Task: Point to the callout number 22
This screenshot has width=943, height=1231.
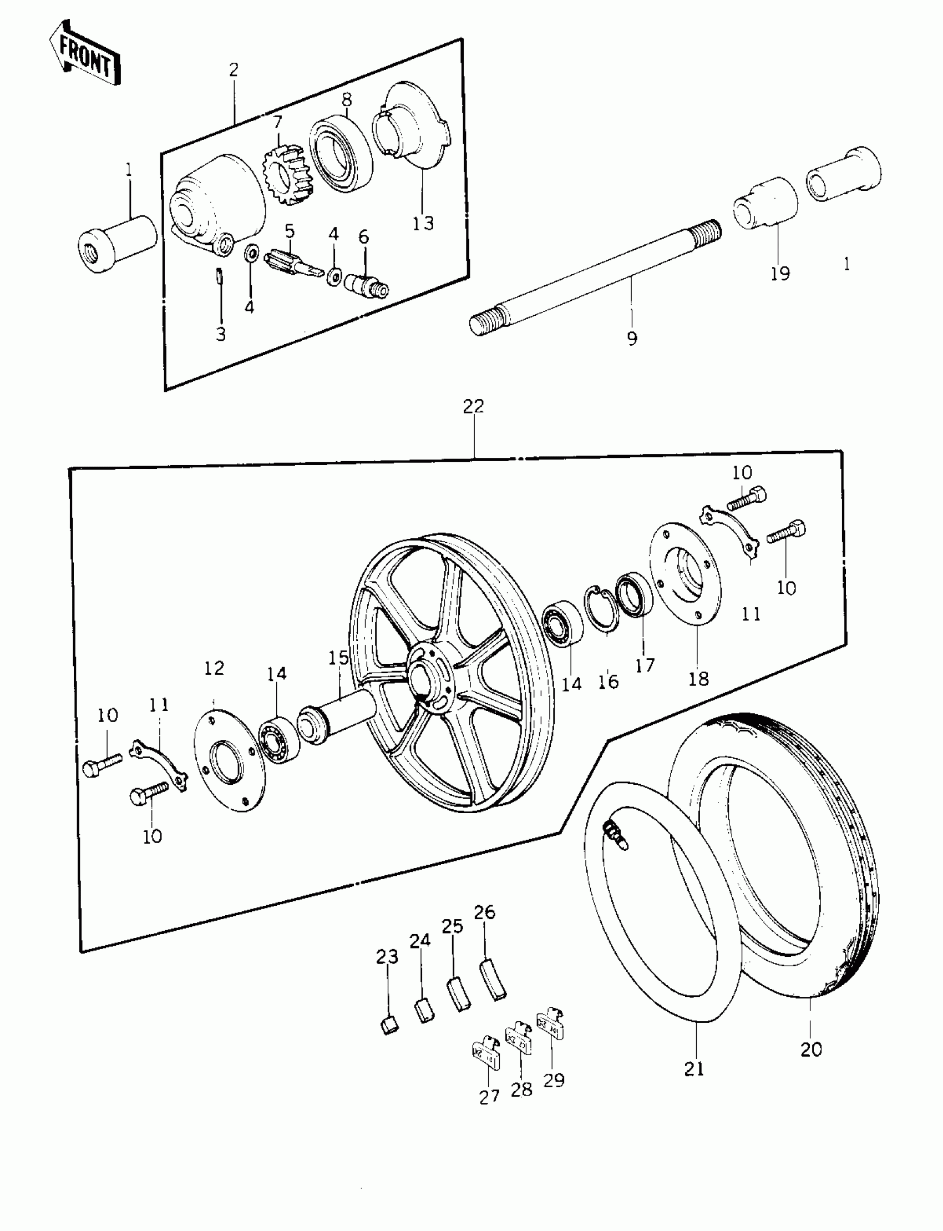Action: coord(473,406)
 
